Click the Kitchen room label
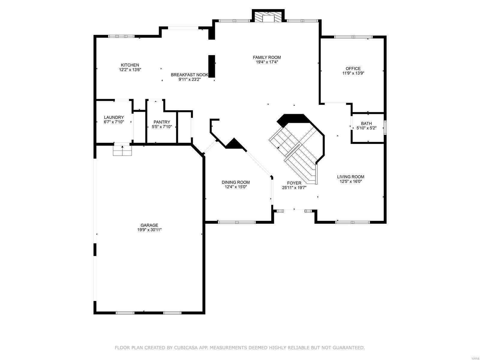click(x=130, y=65)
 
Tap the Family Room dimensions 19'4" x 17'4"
click(x=267, y=62)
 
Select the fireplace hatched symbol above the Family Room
click(x=268, y=17)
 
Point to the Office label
click(x=353, y=68)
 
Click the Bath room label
click(x=366, y=123)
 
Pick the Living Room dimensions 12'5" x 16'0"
click(x=350, y=181)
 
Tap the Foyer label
click(x=294, y=183)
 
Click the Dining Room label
click(x=235, y=182)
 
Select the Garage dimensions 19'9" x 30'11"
click(x=149, y=230)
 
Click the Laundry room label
click(x=114, y=117)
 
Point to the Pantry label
click(x=162, y=122)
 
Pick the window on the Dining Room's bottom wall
click(x=237, y=222)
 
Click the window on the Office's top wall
click(x=353, y=37)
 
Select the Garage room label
click(x=149, y=225)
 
